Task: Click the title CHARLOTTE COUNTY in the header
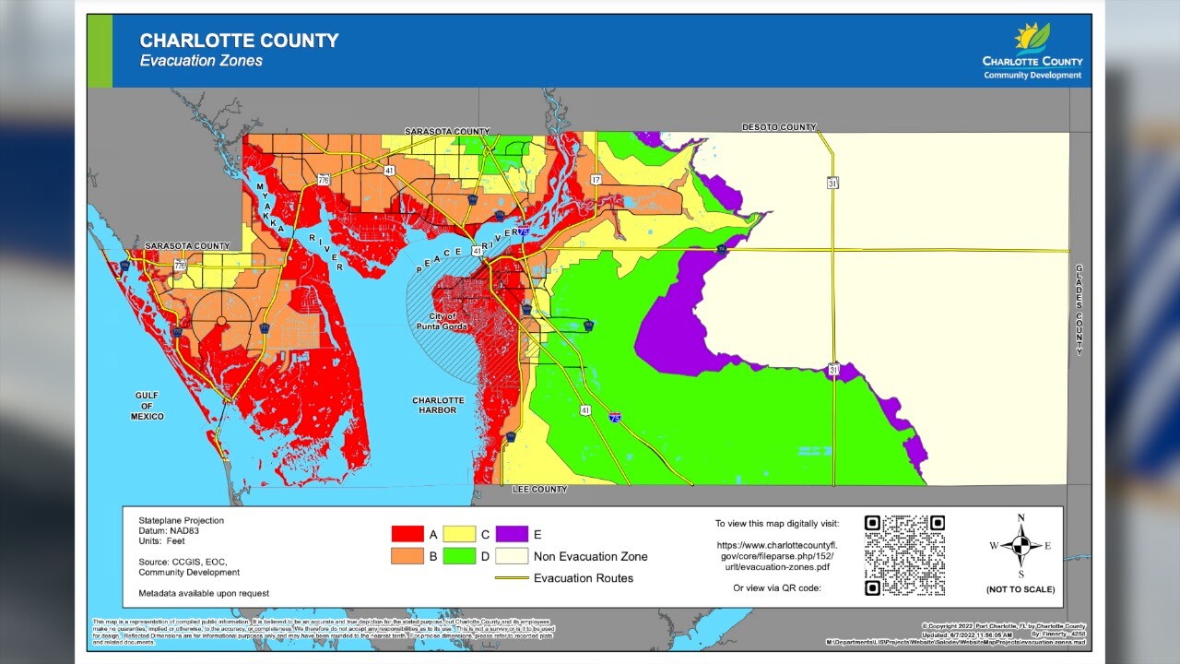coord(239,41)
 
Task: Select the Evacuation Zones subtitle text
coord(201,61)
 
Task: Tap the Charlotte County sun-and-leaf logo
coord(1032,37)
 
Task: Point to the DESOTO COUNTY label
coord(779,127)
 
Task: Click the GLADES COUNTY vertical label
coord(1079,310)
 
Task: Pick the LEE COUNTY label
coord(539,490)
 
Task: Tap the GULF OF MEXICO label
coord(147,406)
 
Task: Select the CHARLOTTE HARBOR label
coord(438,405)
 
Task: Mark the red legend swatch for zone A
coord(407,534)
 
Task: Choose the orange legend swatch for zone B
coord(407,556)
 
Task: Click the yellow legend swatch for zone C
coord(459,534)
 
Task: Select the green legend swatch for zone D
coord(459,556)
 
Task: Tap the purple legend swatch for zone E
coord(511,534)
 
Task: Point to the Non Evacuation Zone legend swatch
coord(511,556)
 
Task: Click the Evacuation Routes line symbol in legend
coord(511,578)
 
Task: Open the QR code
coord(904,555)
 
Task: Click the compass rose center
coord(1021,546)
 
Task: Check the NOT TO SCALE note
coord(1021,589)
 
